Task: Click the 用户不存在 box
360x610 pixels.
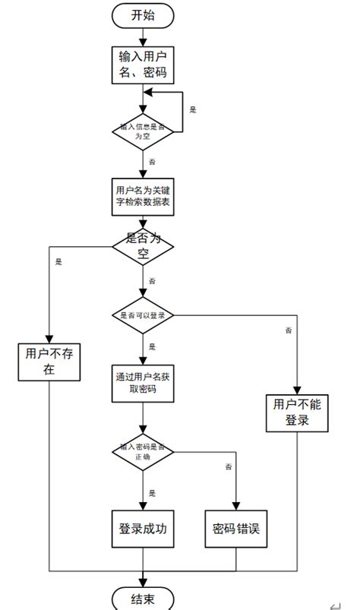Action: tap(49, 361)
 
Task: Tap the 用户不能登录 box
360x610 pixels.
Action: tap(297, 412)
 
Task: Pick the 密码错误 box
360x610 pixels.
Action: tap(236, 529)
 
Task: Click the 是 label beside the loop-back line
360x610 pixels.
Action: tap(192, 110)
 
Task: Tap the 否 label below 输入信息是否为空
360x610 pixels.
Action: tap(152, 163)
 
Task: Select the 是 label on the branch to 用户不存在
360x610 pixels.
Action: tap(58, 262)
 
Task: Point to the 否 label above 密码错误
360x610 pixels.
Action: tap(228, 466)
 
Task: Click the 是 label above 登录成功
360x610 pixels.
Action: tap(152, 493)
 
